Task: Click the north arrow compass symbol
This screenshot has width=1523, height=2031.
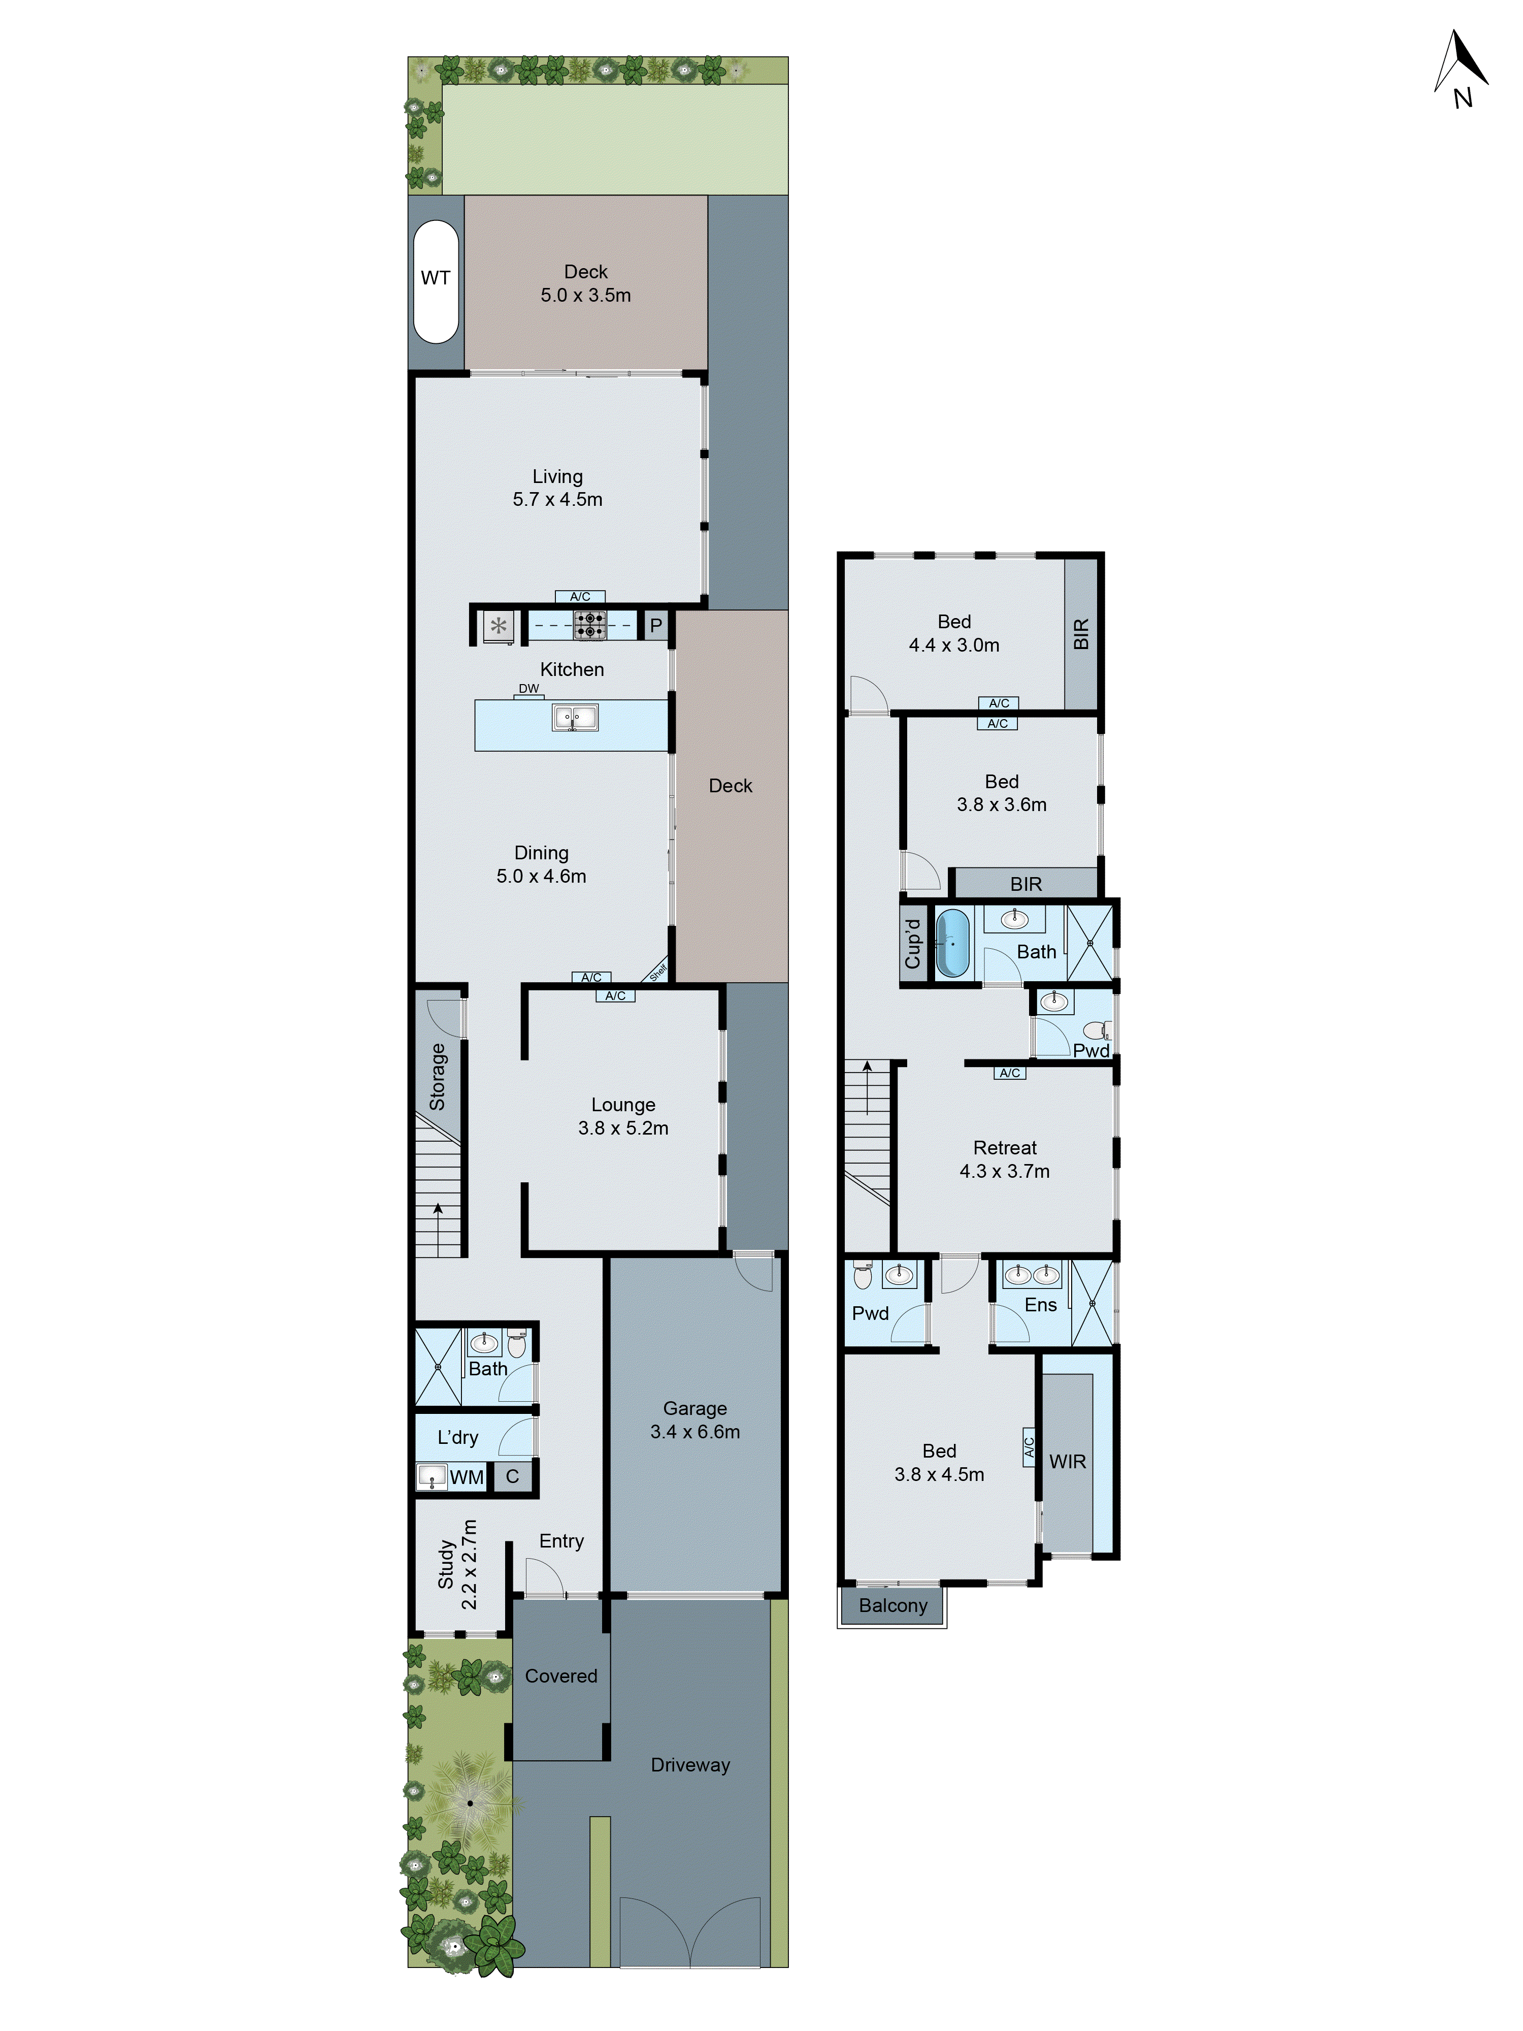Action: click(1461, 65)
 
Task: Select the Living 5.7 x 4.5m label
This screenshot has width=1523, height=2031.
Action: click(557, 488)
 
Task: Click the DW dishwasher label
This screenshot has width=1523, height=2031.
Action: click(529, 689)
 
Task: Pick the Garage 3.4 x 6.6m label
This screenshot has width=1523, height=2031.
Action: click(695, 1420)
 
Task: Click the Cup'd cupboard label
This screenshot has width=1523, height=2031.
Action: click(912, 943)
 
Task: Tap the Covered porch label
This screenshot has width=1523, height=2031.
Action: click(561, 1675)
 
